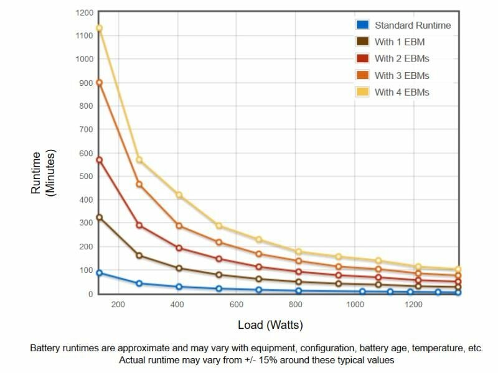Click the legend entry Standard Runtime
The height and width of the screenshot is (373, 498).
point(412,25)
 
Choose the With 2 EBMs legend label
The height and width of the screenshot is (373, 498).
point(402,58)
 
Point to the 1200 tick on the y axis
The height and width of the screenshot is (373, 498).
point(85,12)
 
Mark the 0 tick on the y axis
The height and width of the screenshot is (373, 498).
point(90,294)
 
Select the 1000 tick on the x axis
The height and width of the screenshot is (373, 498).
point(354,305)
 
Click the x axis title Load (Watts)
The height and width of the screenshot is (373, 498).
point(270,325)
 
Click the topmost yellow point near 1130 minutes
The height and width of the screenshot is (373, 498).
point(99,28)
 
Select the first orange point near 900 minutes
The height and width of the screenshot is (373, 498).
point(99,82)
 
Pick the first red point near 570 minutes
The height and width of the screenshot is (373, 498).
point(99,160)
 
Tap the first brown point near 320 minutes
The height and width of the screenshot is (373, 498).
point(99,218)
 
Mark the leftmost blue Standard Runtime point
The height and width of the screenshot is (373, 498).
point(99,273)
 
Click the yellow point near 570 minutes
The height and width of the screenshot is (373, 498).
point(139,160)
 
